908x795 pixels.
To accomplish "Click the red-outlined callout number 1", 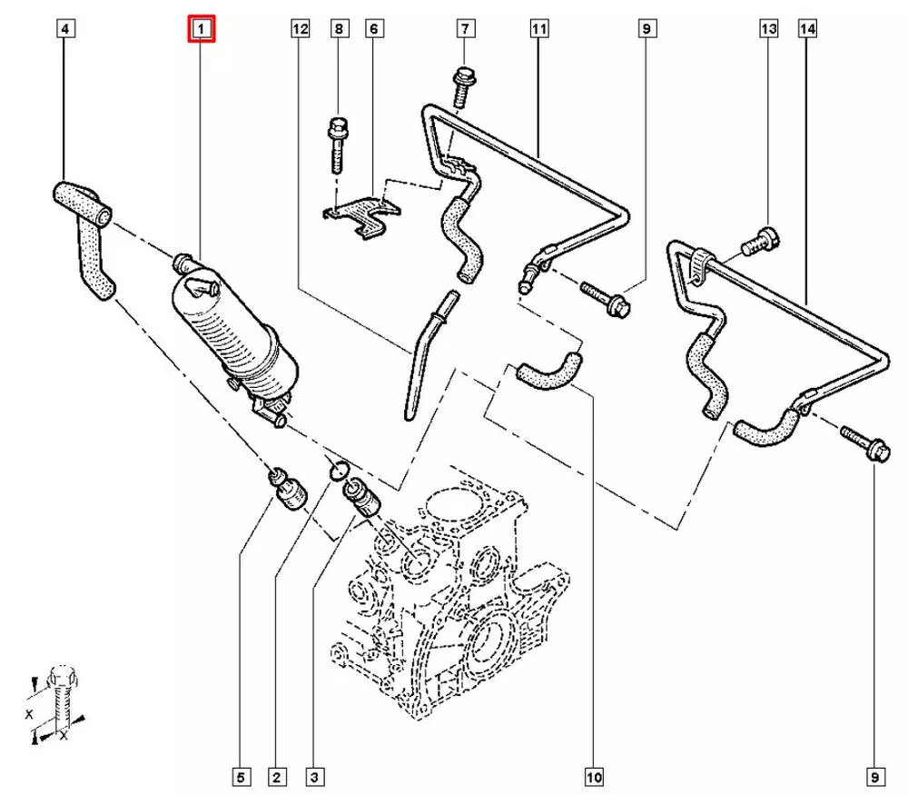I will click(201, 30).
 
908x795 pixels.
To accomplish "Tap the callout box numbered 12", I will click(300, 30).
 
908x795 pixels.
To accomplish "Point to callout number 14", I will click(807, 30).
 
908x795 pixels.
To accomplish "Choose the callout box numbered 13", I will click(768, 30).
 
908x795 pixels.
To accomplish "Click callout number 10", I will click(594, 778).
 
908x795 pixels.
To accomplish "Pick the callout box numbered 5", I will click(241, 778).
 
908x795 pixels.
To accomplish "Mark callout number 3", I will click(314, 778).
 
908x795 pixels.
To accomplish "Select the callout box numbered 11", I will click(538, 30).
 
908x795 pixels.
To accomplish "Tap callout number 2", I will click(277, 778).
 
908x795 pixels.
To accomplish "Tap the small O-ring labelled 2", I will click(337, 469).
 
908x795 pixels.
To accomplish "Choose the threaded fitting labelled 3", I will click(360, 496).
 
